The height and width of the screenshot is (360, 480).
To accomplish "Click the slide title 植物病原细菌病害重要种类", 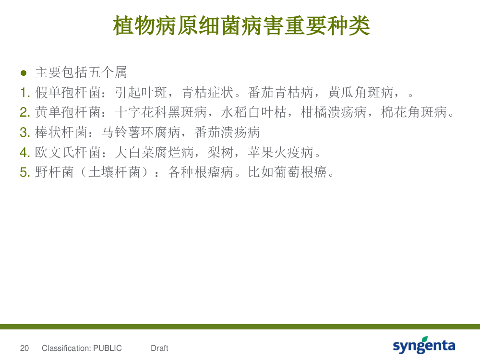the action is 241,26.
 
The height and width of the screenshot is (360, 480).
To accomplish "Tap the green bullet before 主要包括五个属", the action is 24,73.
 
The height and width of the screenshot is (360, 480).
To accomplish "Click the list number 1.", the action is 25,93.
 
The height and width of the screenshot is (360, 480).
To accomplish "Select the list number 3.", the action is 25,132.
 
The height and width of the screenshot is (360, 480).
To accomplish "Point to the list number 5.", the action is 25,172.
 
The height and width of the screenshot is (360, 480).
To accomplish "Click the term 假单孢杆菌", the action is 68,93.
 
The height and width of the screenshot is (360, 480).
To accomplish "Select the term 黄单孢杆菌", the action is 68,112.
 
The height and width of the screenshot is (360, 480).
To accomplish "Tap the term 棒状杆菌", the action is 61,132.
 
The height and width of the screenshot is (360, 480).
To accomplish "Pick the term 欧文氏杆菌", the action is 68,152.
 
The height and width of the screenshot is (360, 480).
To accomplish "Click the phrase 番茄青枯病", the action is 280,93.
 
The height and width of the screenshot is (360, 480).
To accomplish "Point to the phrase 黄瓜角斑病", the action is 360,93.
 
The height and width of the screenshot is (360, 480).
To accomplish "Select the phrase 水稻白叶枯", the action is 254,112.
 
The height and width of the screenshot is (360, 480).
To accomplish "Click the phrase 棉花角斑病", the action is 414,112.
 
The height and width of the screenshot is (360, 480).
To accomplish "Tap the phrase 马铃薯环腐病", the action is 141,132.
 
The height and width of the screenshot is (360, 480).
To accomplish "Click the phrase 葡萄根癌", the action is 300,172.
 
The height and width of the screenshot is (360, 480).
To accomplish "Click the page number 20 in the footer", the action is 24,348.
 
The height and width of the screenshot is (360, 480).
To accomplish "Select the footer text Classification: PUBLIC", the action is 82,348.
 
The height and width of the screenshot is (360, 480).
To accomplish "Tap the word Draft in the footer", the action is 159,348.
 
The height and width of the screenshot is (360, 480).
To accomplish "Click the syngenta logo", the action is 424,345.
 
